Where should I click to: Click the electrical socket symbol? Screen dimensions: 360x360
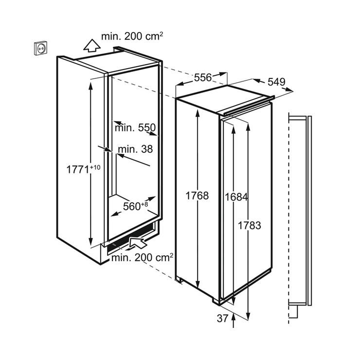(x=40, y=48)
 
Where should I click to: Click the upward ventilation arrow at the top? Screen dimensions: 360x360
(x=92, y=45)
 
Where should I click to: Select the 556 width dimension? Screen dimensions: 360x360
(x=202, y=78)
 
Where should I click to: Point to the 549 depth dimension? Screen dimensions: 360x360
(x=276, y=82)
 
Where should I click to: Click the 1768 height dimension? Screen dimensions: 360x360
(x=197, y=196)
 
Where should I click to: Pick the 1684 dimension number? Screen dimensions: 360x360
(x=236, y=197)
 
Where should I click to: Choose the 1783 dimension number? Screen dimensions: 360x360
(x=250, y=225)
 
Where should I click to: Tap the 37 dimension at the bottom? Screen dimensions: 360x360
(x=222, y=319)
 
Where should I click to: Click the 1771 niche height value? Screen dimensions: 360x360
(x=78, y=170)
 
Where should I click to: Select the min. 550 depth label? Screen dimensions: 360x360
(x=135, y=127)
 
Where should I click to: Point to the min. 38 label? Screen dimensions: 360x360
(x=135, y=149)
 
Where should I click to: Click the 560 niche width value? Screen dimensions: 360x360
(x=132, y=206)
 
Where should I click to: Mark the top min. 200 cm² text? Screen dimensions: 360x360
(x=132, y=36)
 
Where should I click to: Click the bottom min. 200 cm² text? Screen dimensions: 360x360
(x=142, y=258)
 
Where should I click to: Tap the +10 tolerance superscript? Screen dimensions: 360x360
(x=95, y=167)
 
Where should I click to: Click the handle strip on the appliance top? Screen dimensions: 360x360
(x=249, y=106)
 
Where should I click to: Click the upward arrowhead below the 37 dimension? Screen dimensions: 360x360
(x=234, y=317)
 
